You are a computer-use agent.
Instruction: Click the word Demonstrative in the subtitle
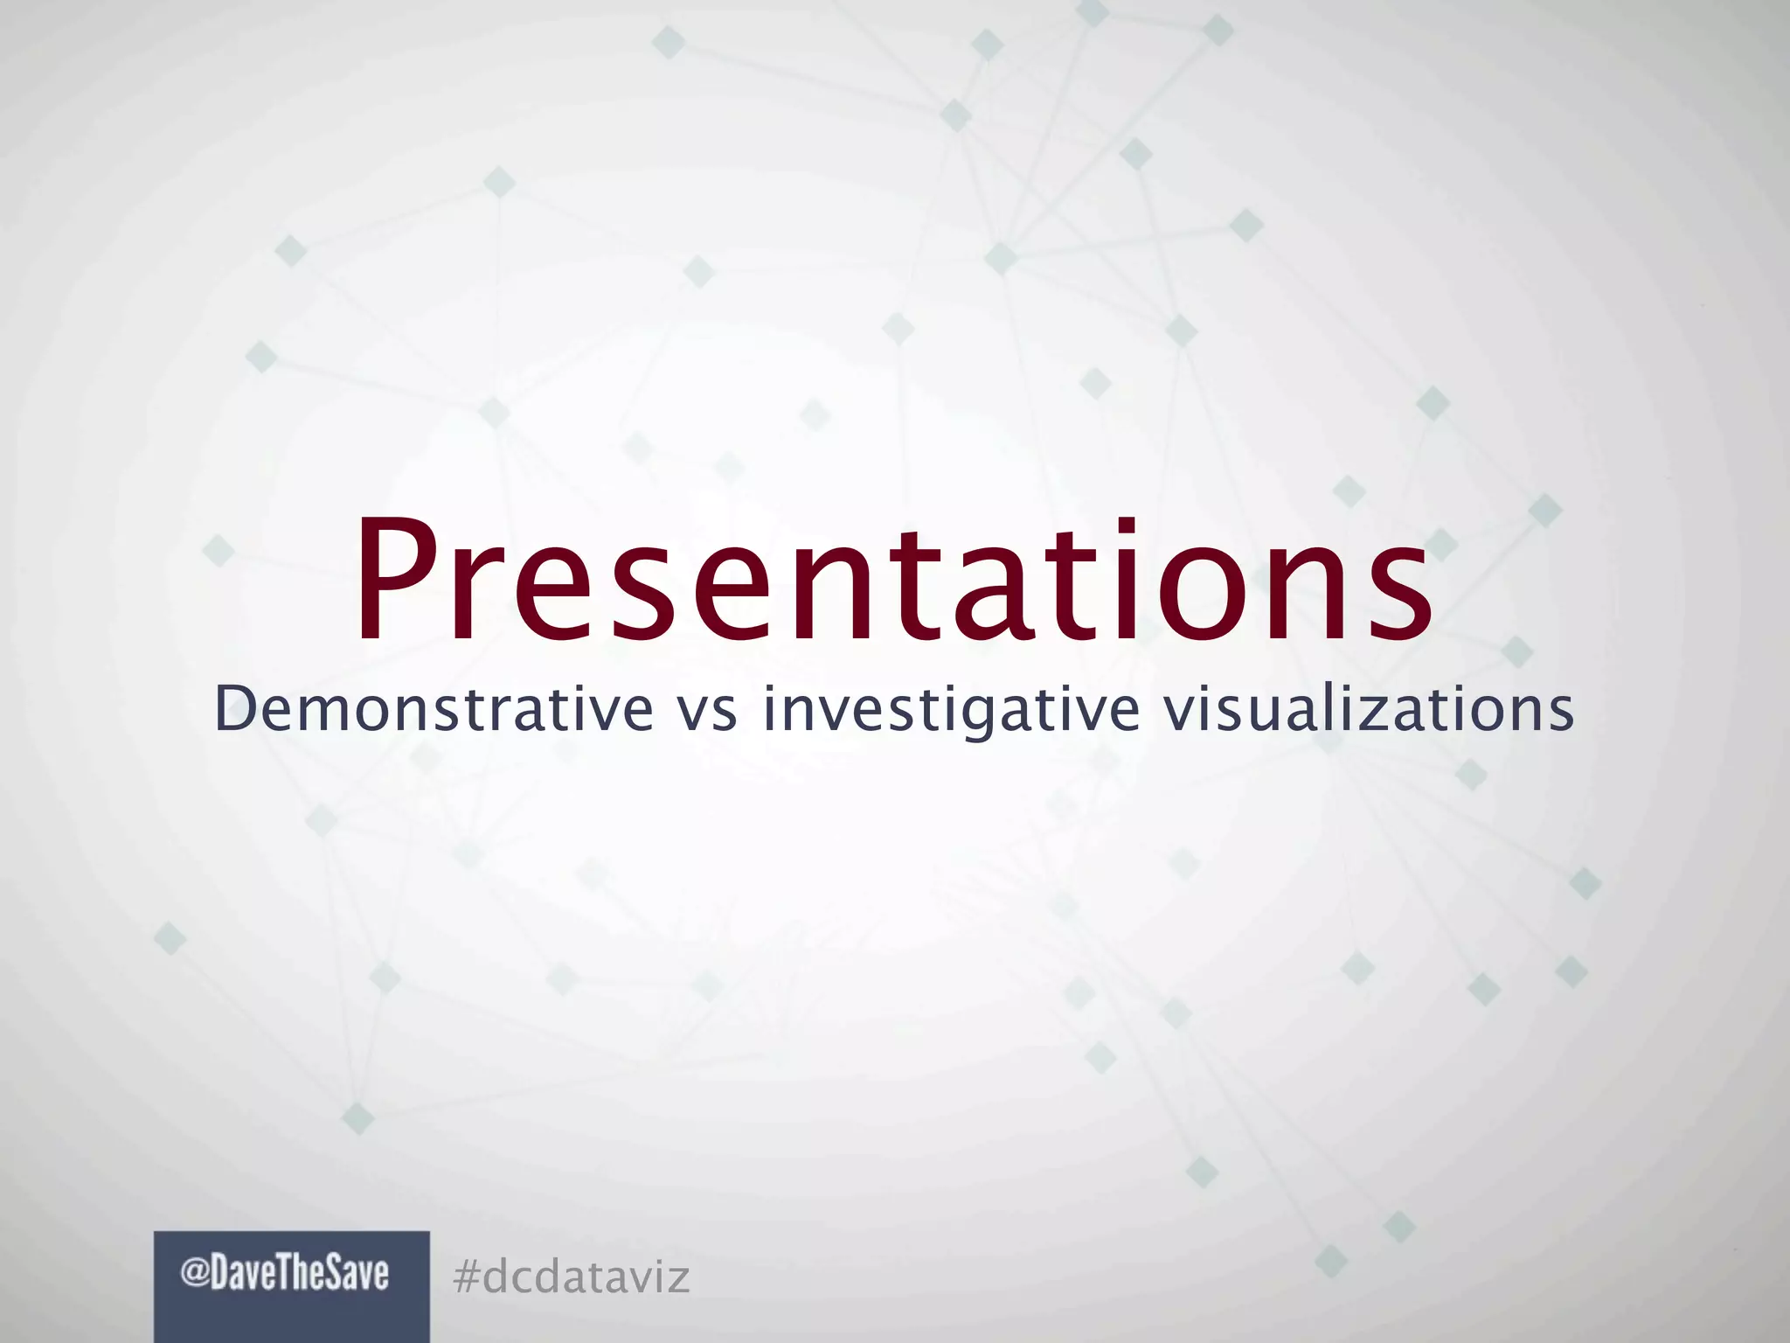coord(434,709)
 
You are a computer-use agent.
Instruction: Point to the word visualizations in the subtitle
coord(1369,709)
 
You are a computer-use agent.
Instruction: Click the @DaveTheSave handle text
coord(285,1275)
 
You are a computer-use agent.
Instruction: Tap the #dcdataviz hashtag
coord(572,1277)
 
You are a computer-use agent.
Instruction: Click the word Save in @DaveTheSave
coord(357,1275)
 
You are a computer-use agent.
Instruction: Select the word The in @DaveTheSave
coord(303,1275)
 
